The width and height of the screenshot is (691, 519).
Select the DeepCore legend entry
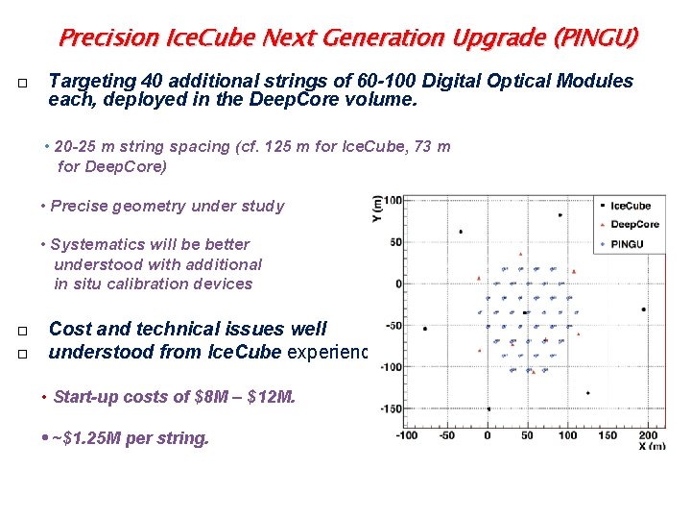click(x=633, y=224)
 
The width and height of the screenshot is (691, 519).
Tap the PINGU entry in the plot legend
click(x=628, y=244)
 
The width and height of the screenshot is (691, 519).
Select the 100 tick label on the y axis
click(x=391, y=200)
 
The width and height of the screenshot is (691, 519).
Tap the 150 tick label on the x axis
click(x=608, y=434)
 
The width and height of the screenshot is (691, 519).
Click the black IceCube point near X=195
click(x=643, y=309)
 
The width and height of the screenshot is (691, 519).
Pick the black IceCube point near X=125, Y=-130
click(x=586, y=392)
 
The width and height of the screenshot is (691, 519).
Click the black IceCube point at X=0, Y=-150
click(x=488, y=409)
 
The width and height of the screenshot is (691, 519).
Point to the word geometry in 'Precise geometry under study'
click(x=148, y=206)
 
